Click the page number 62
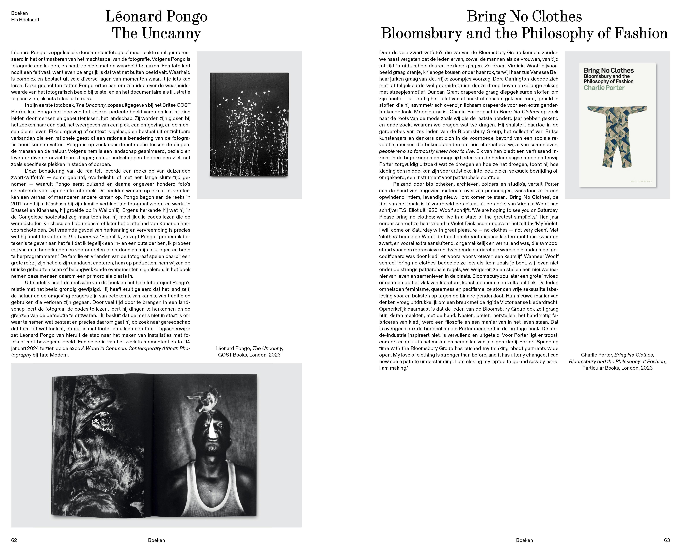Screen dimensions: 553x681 coord(14,540)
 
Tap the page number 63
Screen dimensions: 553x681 coord(667,540)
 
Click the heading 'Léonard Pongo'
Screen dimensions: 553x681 coord(156,17)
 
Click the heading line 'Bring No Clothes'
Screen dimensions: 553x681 coord(524,17)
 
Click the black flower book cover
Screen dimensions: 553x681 coord(249,124)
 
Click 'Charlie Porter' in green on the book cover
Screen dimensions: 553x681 coord(604,88)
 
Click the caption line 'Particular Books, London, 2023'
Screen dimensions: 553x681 coord(617,368)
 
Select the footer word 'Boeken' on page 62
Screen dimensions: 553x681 coord(156,540)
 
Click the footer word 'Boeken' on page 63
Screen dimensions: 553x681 coord(524,540)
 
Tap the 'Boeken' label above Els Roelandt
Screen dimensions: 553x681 coord(19,13)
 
